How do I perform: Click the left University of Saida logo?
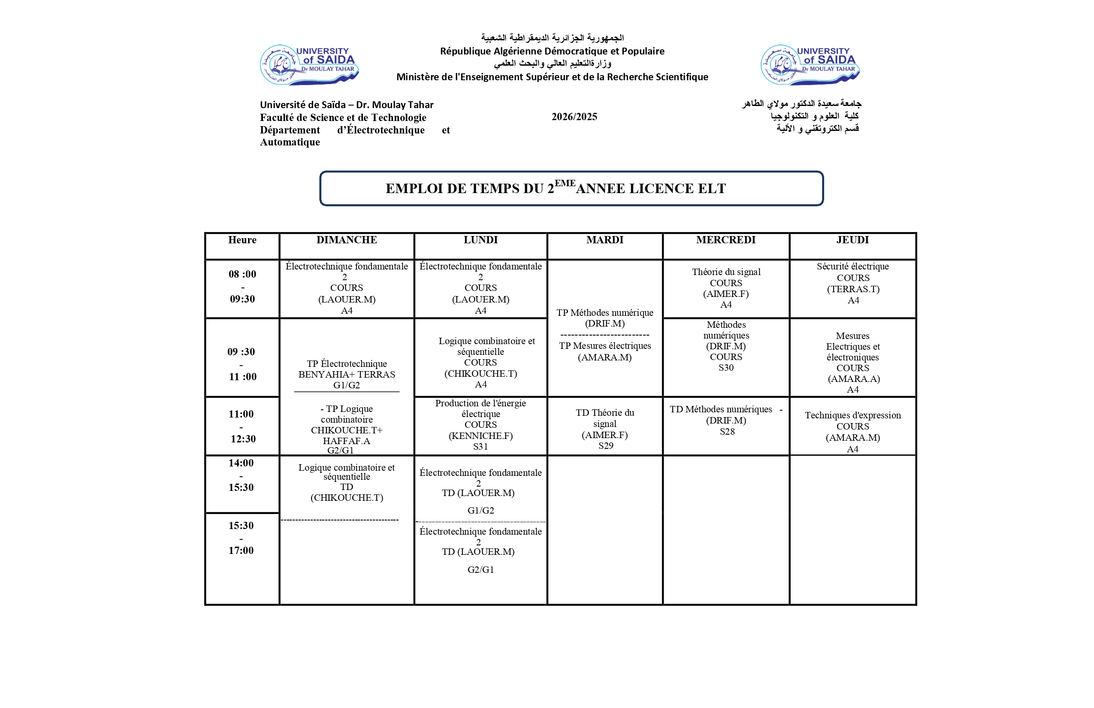[x=309, y=65]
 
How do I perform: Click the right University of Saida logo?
[x=810, y=65]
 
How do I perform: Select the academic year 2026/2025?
[x=574, y=117]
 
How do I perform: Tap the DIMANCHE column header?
[x=347, y=240]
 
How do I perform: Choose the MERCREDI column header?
[x=725, y=240]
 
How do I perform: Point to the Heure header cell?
[x=242, y=240]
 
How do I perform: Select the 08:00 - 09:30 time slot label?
[x=242, y=287]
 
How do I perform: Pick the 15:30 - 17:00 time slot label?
[x=241, y=538]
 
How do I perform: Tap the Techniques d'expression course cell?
[x=853, y=427]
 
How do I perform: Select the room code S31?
[x=481, y=446]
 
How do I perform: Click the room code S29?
[x=605, y=445]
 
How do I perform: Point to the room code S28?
[x=727, y=432]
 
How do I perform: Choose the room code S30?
[x=726, y=368]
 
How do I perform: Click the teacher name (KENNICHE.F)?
[x=481, y=436]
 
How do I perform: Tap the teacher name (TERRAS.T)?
[x=853, y=289]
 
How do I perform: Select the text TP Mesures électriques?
[x=604, y=346]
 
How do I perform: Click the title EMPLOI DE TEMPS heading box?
[x=571, y=188]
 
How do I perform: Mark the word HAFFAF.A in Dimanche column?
[x=346, y=441]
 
